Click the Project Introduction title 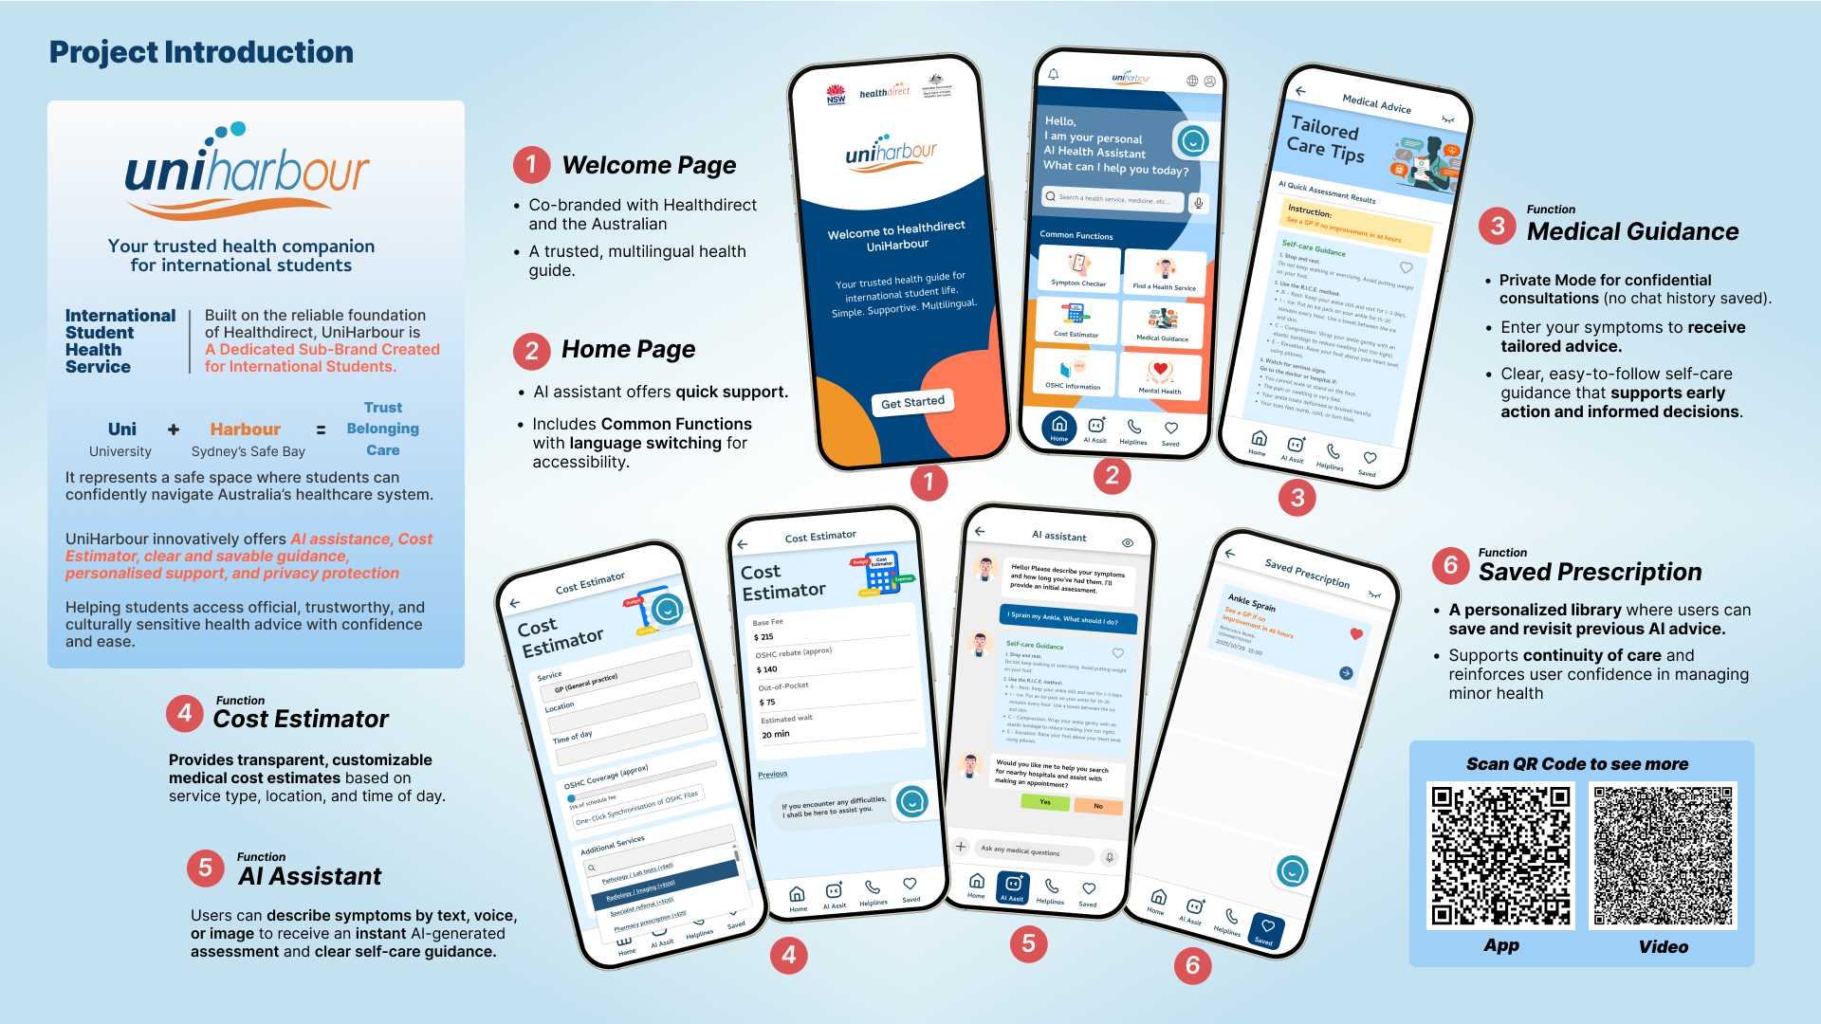[x=201, y=52]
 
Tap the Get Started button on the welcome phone [x=912, y=402]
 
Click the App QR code [x=1500, y=855]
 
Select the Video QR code [x=1663, y=855]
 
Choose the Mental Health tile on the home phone [x=1160, y=376]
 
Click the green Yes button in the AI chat [x=1044, y=802]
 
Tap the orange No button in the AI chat [x=1098, y=806]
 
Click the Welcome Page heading [x=649, y=165]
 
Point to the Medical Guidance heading [x=1632, y=231]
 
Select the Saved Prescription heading [x=1590, y=572]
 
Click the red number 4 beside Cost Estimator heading [x=185, y=713]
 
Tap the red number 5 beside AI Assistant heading [x=205, y=869]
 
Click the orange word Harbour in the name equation [x=245, y=430]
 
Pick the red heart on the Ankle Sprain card [x=1356, y=633]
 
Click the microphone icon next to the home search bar [x=1199, y=203]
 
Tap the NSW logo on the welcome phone [x=836, y=96]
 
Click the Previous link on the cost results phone [x=772, y=774]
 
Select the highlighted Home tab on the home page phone [x=1059, y=428]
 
